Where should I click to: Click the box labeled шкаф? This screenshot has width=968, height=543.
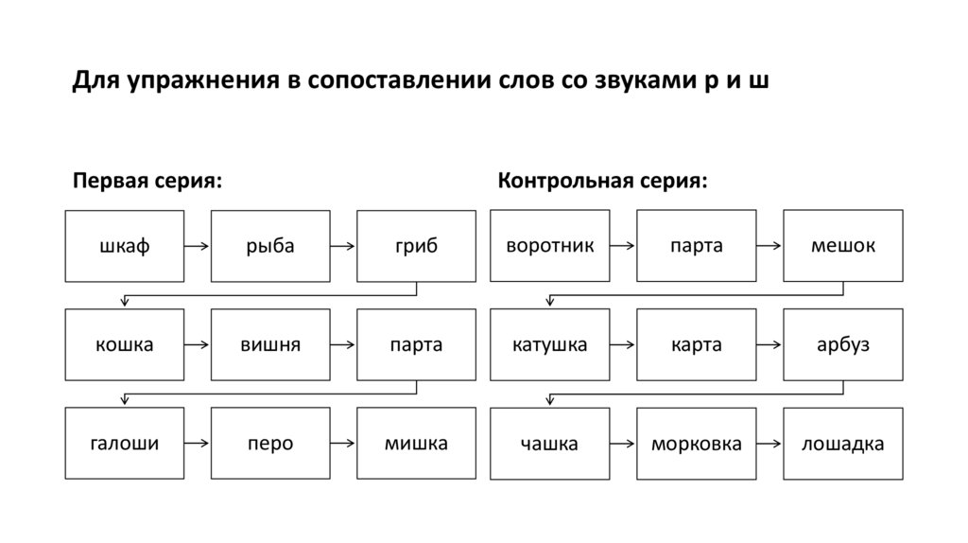click(x=125, y=246)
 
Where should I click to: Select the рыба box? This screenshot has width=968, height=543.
click(x=270, y=246)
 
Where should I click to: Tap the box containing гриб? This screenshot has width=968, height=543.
click(x=416, y=246)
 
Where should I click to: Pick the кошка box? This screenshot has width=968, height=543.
click(x=125, y=345)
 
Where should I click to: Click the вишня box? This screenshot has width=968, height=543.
click(x=270, y=345)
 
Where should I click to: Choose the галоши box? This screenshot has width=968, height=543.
click(x=125, y=444)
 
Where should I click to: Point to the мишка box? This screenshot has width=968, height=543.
click(x=416, y=444)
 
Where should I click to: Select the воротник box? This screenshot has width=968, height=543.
click(x=550, y=246)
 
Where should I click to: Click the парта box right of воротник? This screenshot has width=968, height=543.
click(x=696, y=246)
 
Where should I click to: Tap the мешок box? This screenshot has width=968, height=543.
click(x=842, y=246)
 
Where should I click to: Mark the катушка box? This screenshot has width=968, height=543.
click(x=550, y=345)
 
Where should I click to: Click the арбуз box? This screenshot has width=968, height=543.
click(x=842, y=345)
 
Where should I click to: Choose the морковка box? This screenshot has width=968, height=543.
click(x=696, y=444)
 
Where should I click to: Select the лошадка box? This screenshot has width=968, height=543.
click(x=842, y=444)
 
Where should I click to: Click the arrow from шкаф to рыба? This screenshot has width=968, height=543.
click(x=198, y=247)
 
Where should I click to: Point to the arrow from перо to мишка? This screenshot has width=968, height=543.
click(x=343, y=444)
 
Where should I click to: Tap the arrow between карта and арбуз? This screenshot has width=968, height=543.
click(x=769, y=345)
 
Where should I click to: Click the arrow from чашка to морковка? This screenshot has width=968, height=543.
click(x=623, y=444)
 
